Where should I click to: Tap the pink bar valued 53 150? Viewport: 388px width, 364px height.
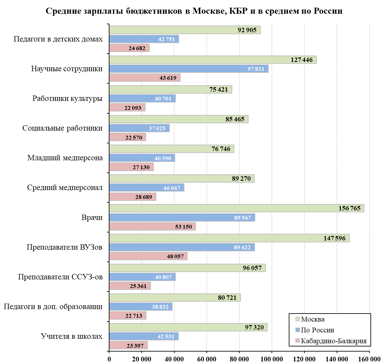click(x=152, y=227)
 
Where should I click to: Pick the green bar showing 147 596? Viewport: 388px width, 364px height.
click(x=229, y=238)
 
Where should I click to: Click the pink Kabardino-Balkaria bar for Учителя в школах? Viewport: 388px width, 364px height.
click(x=128, y=345)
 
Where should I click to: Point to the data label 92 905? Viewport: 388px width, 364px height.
click(x=247, y=30)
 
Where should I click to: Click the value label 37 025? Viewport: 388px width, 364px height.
click(x=157, y=128)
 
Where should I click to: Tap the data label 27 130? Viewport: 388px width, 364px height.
click(x=141, y=167)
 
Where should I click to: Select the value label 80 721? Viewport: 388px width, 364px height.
click(x=227, y=298)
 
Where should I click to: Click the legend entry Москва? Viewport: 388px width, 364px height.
click(x=313, y=319)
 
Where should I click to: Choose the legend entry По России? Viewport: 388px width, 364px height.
click(x=317, y=330)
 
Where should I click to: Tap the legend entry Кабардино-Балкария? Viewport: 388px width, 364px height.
click(x=333, y=341)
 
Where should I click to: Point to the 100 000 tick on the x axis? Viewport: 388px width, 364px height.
click(x=272, y=359)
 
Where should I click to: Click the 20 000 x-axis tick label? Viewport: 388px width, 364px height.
click(x=142, y=359)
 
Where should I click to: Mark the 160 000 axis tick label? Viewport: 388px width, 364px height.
click(x=369, y=359)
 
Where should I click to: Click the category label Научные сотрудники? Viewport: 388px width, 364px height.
click(x=67, y=69)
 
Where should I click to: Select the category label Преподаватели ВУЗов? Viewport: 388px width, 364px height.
click(x=64, y=247)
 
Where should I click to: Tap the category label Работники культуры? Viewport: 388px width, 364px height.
click(x=67, y=98)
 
